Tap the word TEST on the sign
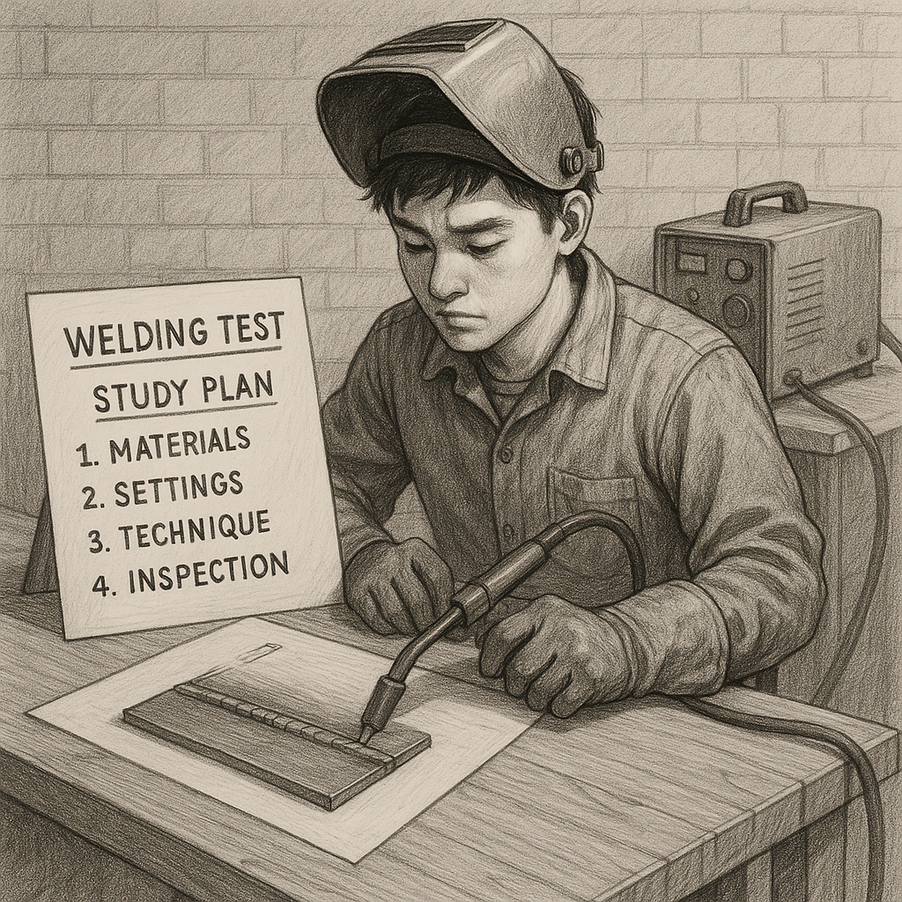[x=251, y=328]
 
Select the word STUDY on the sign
[x=140, y=395]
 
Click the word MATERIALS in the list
[x=180, y=445]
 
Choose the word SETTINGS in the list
[x=178, y=489]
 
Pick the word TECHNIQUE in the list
[x=195, y=530]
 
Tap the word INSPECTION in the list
[x=207, y=572]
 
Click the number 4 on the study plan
[x=100, y=584]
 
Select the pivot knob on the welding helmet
[x=573, y=160]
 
